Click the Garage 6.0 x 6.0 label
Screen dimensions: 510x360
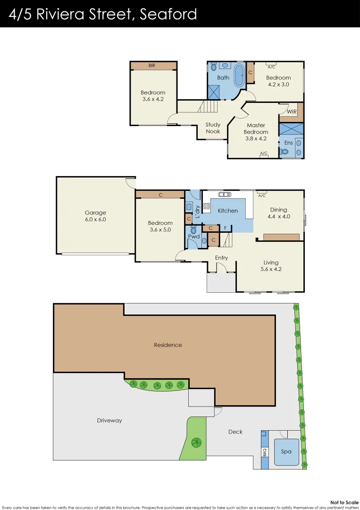[x=95, y=216]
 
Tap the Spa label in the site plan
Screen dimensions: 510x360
[x=286, y=451]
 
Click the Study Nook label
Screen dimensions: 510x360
[x=213, y=128]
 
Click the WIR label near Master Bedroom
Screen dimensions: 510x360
[x=292, y=112]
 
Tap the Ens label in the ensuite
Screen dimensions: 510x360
[x=288, y=143]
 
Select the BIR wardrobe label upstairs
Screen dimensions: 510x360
[x=152, y=66]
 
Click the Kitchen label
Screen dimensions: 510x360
[x=228, y=211]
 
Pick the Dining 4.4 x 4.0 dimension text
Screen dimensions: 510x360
[x=278, y=217]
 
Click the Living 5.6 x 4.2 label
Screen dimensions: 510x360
[x=271, y=266]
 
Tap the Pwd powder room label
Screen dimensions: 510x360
[x=193, y=236]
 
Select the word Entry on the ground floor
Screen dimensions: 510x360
[x=221, y=258]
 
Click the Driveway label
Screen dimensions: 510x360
[x=109, y=420]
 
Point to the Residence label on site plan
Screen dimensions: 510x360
[x=167, y=345]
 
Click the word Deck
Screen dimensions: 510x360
[x=235, y=432]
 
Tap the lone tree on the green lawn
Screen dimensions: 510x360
[x=196, y=442]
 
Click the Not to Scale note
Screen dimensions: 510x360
[x=342, y=502]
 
